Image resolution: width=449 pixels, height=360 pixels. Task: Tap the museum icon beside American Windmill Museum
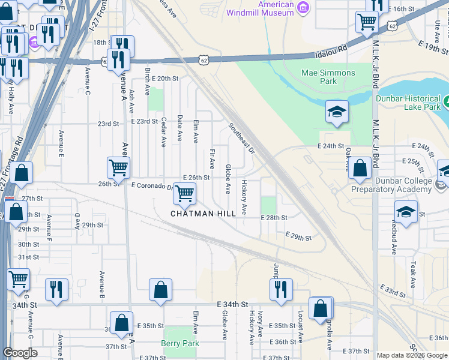pos(303,7)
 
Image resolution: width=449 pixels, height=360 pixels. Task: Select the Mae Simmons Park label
pos(328,77)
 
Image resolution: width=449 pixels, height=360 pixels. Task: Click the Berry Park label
pos(179,343)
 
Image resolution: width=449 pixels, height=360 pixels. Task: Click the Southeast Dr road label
pos(241,139)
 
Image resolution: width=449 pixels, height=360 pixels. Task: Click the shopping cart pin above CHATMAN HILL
pos(185,193)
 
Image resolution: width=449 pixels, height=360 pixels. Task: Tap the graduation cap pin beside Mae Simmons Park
pos(337,112)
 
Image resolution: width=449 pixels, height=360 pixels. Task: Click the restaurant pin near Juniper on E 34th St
pos(281,289)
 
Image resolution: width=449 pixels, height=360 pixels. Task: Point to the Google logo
pos(20,353)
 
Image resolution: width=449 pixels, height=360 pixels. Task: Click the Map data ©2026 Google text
pos(411,355)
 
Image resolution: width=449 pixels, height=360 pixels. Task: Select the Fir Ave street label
pos(212,159)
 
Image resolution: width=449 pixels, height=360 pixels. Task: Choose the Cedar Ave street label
pos(163,132)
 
